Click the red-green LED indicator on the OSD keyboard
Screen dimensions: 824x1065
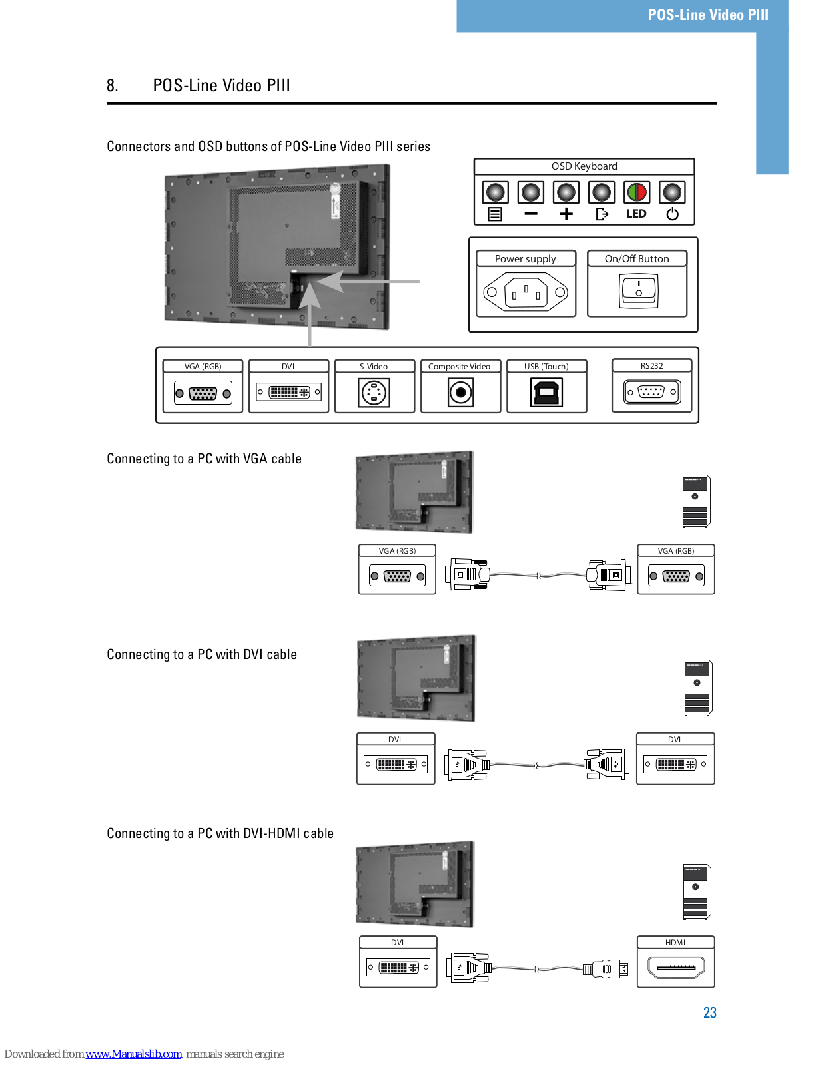pos(636,192)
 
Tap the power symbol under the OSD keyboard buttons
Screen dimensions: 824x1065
pos(672,214)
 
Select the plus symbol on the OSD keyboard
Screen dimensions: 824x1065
pos(566,214)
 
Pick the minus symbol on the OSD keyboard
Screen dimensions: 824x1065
pos(531,214)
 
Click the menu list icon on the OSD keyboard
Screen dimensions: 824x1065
pos(494,214)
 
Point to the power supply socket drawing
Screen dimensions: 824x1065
pos(526,292)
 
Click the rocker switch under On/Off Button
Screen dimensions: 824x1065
pos(638,291)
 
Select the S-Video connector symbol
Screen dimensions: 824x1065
pos(374,393)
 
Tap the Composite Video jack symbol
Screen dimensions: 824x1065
pos(460,393)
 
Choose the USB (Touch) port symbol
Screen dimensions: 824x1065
pos(546,393)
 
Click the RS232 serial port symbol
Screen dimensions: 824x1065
pos(652,392)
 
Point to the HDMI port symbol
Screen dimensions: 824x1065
pos(676,967)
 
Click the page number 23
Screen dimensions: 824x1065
pos(709,1012)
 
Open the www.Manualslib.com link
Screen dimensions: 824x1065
pos(133,1054)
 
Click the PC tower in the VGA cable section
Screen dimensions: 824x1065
pos(696,501)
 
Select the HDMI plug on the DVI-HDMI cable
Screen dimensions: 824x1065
pos(606,969)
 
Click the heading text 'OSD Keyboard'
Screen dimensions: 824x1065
pos(584,166)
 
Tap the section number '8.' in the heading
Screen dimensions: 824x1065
pos(113,85)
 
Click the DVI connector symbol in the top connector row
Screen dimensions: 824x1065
pos(289,392)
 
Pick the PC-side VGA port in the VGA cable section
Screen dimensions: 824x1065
pos(676,576)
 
